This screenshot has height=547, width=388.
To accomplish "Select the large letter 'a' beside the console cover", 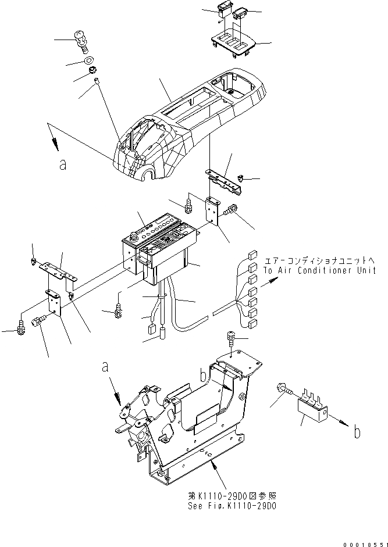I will [x=63, y=164].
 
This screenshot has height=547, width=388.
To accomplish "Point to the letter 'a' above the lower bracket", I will [x=105, y=367].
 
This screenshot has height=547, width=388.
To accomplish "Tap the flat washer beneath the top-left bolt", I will [x=88, y=60].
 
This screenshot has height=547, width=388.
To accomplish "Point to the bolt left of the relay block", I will [x=287, y=396].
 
